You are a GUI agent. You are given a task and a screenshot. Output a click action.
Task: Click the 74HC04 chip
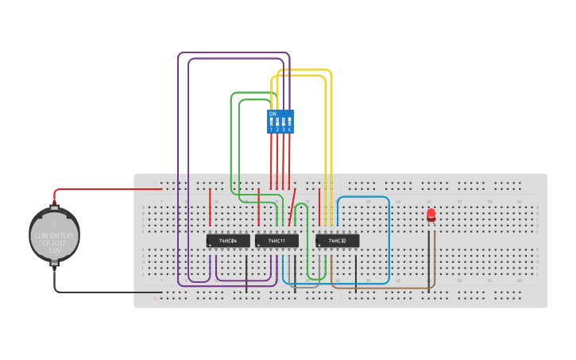[228, 240]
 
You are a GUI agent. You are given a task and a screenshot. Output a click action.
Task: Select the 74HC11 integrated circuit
[276, 240]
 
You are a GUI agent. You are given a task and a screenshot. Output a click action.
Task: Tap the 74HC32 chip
[338, 240]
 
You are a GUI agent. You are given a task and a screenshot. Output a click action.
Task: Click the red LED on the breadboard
[431, 214]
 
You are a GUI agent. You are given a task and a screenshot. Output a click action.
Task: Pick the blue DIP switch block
[280, 122]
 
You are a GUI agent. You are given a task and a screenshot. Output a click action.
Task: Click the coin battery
[54, 235]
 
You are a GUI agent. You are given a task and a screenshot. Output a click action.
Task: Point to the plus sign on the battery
[54, 224]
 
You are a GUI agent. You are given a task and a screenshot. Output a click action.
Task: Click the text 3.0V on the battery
[54, 250]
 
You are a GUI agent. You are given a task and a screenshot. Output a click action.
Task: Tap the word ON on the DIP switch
[273, 114]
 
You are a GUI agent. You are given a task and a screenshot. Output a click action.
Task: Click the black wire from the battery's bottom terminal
[103, 292]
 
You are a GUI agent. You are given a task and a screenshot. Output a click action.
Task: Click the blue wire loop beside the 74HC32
[389, 238]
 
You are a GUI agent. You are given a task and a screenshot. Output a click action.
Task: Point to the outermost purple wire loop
[179, 159]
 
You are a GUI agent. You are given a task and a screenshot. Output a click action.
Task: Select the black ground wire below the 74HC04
[246, 274]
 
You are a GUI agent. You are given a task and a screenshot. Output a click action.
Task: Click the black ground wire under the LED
[429, 262]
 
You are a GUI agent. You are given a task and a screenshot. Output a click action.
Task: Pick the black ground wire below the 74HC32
[356, 274]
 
